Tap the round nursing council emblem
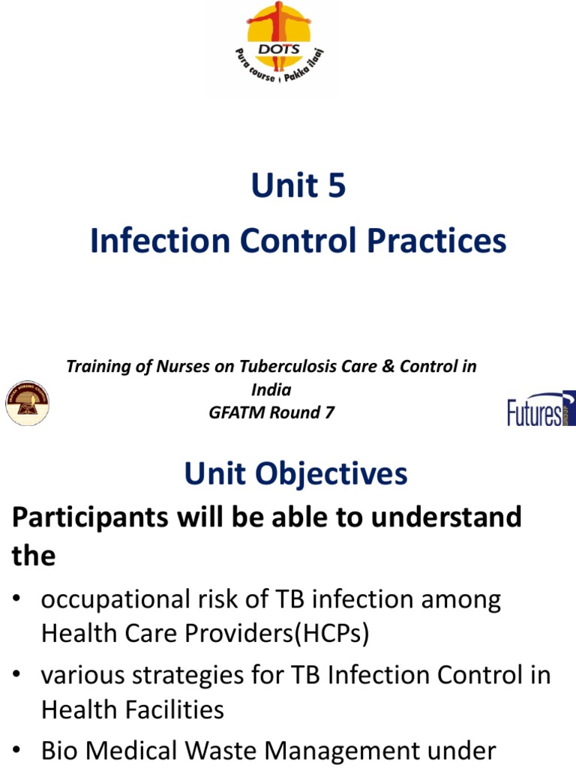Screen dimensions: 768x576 click(28, 403)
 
